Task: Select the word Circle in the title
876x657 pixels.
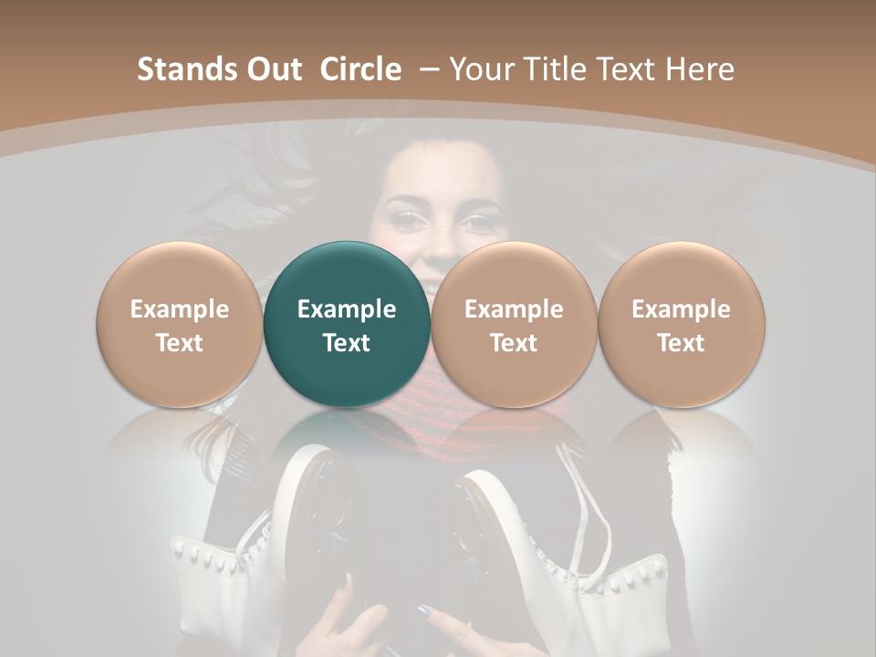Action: click(x=360, y=69)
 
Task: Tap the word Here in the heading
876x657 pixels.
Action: click(x=699, y=69)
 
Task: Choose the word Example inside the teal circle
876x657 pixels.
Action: click(x=347, y=309)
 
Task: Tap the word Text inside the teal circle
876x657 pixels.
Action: click(x=347, y=343)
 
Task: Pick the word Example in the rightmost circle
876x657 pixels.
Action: click(x=681, y=309)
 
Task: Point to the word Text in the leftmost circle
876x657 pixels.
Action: click(x=180, y=343)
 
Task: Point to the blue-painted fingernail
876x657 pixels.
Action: click(x=422, y=612)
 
